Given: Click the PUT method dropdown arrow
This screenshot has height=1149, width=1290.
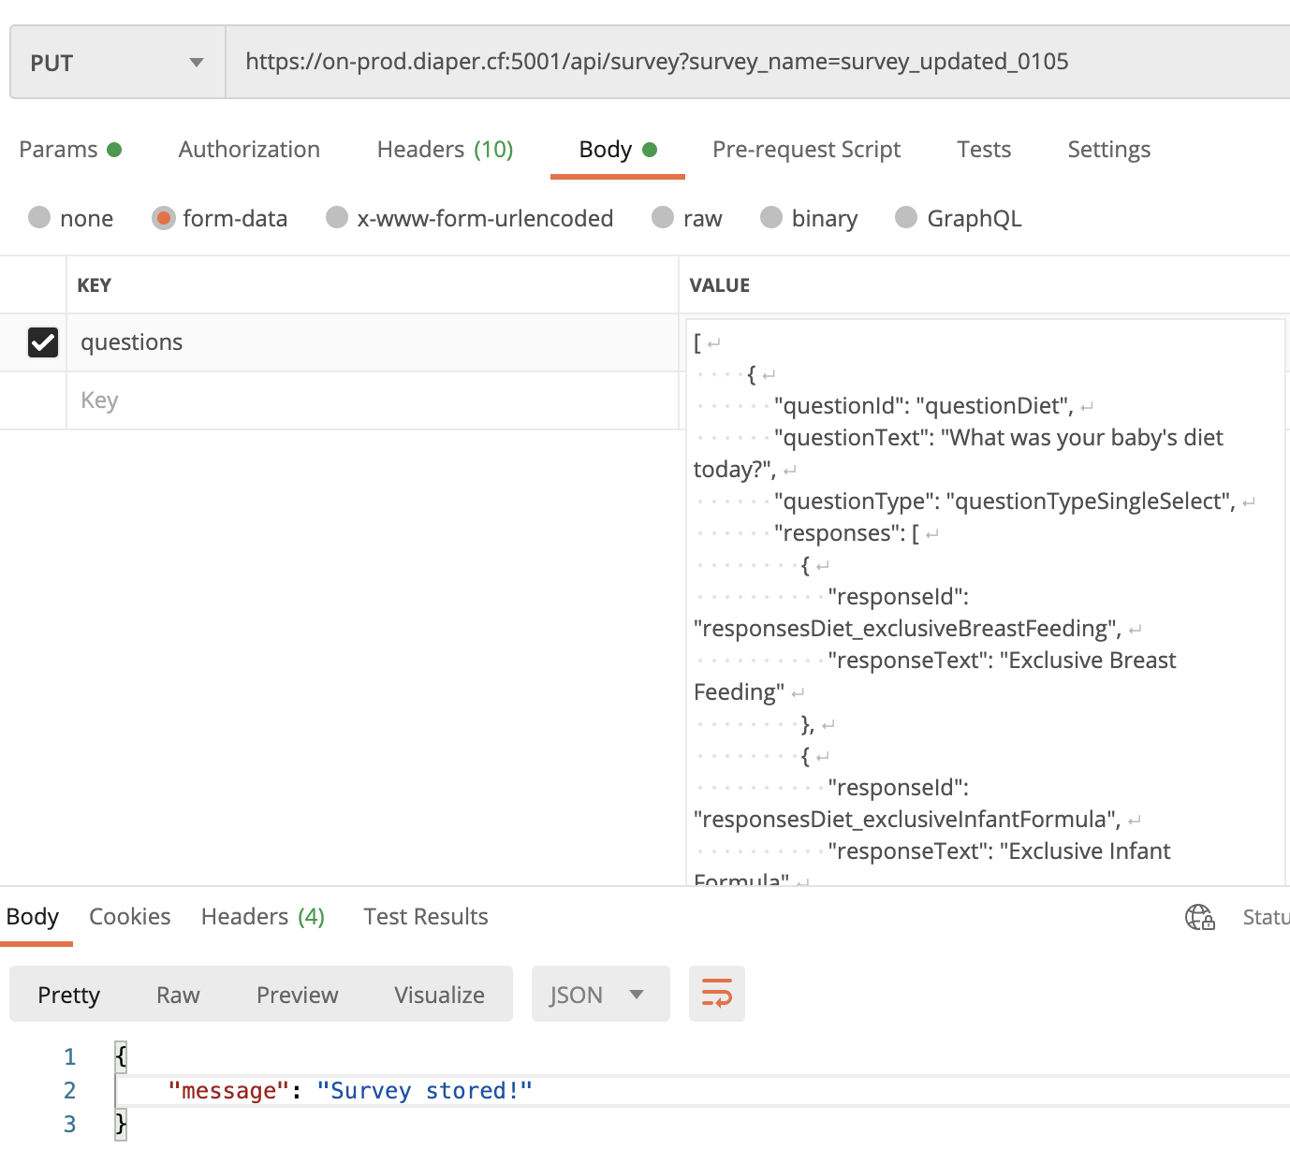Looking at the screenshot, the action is coord(196,63).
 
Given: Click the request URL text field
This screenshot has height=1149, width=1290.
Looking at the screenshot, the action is coord(757,62).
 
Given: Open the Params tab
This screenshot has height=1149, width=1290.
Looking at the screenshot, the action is coord(70,149).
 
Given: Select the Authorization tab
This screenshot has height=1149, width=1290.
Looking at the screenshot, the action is coord(249,149).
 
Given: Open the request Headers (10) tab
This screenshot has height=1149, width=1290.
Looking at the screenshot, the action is coord(445,149).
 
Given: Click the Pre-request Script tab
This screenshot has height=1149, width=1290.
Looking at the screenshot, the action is coord(806,149).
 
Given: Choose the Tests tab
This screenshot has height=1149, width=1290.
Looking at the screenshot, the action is coord(984,149).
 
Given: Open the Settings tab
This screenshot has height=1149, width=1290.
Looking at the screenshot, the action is coord(1108,149).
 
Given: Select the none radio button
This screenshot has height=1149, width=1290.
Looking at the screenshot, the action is coord(39,217).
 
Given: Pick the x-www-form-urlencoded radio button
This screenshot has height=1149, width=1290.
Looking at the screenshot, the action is coord(337,217).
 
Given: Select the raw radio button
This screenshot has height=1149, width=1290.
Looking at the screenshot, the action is coord(663,217).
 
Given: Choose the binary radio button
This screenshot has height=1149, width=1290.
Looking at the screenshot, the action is coord(771,217).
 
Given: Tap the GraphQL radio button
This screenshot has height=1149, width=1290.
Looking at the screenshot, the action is coord(906,217).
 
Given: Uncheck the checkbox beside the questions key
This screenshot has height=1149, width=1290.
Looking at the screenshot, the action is coord(43,342).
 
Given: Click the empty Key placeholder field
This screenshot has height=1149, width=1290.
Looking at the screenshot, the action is coord(373,400).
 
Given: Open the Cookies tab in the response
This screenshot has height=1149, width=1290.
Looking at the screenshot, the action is coord(130,916).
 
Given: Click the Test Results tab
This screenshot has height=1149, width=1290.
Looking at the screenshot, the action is coord(425,916).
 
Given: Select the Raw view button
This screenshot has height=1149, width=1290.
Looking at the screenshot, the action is coord(178,995).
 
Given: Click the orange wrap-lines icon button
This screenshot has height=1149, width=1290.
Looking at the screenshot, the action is coord(716,993).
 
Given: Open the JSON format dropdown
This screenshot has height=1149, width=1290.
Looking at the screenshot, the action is coord(600,994).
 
